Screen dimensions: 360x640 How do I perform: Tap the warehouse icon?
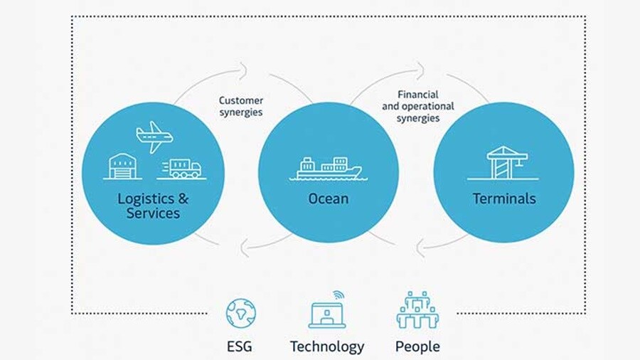pyautogui.click(x=124, y=165)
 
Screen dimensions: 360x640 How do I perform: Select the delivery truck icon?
pyautogui.click(x=182, y=168)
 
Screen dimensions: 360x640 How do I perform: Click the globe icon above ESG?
pyautogui.click(x=240, y=313)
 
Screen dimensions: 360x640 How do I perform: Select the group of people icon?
pyautogui.click(x=417, y=311)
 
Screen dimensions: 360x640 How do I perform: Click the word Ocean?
pyautogui.click(x=328, y=198)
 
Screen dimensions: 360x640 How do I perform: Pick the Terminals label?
pyautogui.click(x=503, y=198)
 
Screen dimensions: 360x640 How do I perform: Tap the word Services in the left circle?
pyautogui.click(x=153, y=213)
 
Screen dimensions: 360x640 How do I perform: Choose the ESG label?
pyautogui.click(x=240, y=347)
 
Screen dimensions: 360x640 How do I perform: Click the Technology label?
pyautogui.click(x=327, y=347)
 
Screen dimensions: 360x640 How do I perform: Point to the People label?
pyautogui.click(x=417, y=347)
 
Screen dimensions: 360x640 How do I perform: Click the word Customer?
pyautogui.click(x=240, y=101)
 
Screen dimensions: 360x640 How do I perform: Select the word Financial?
pyautogui.click(x=417, y=95)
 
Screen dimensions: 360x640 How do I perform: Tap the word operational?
pyautogui.click(x=430, y=107)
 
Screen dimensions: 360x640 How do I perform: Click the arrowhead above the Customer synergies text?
pyautogui.click(x=243, y=70)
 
